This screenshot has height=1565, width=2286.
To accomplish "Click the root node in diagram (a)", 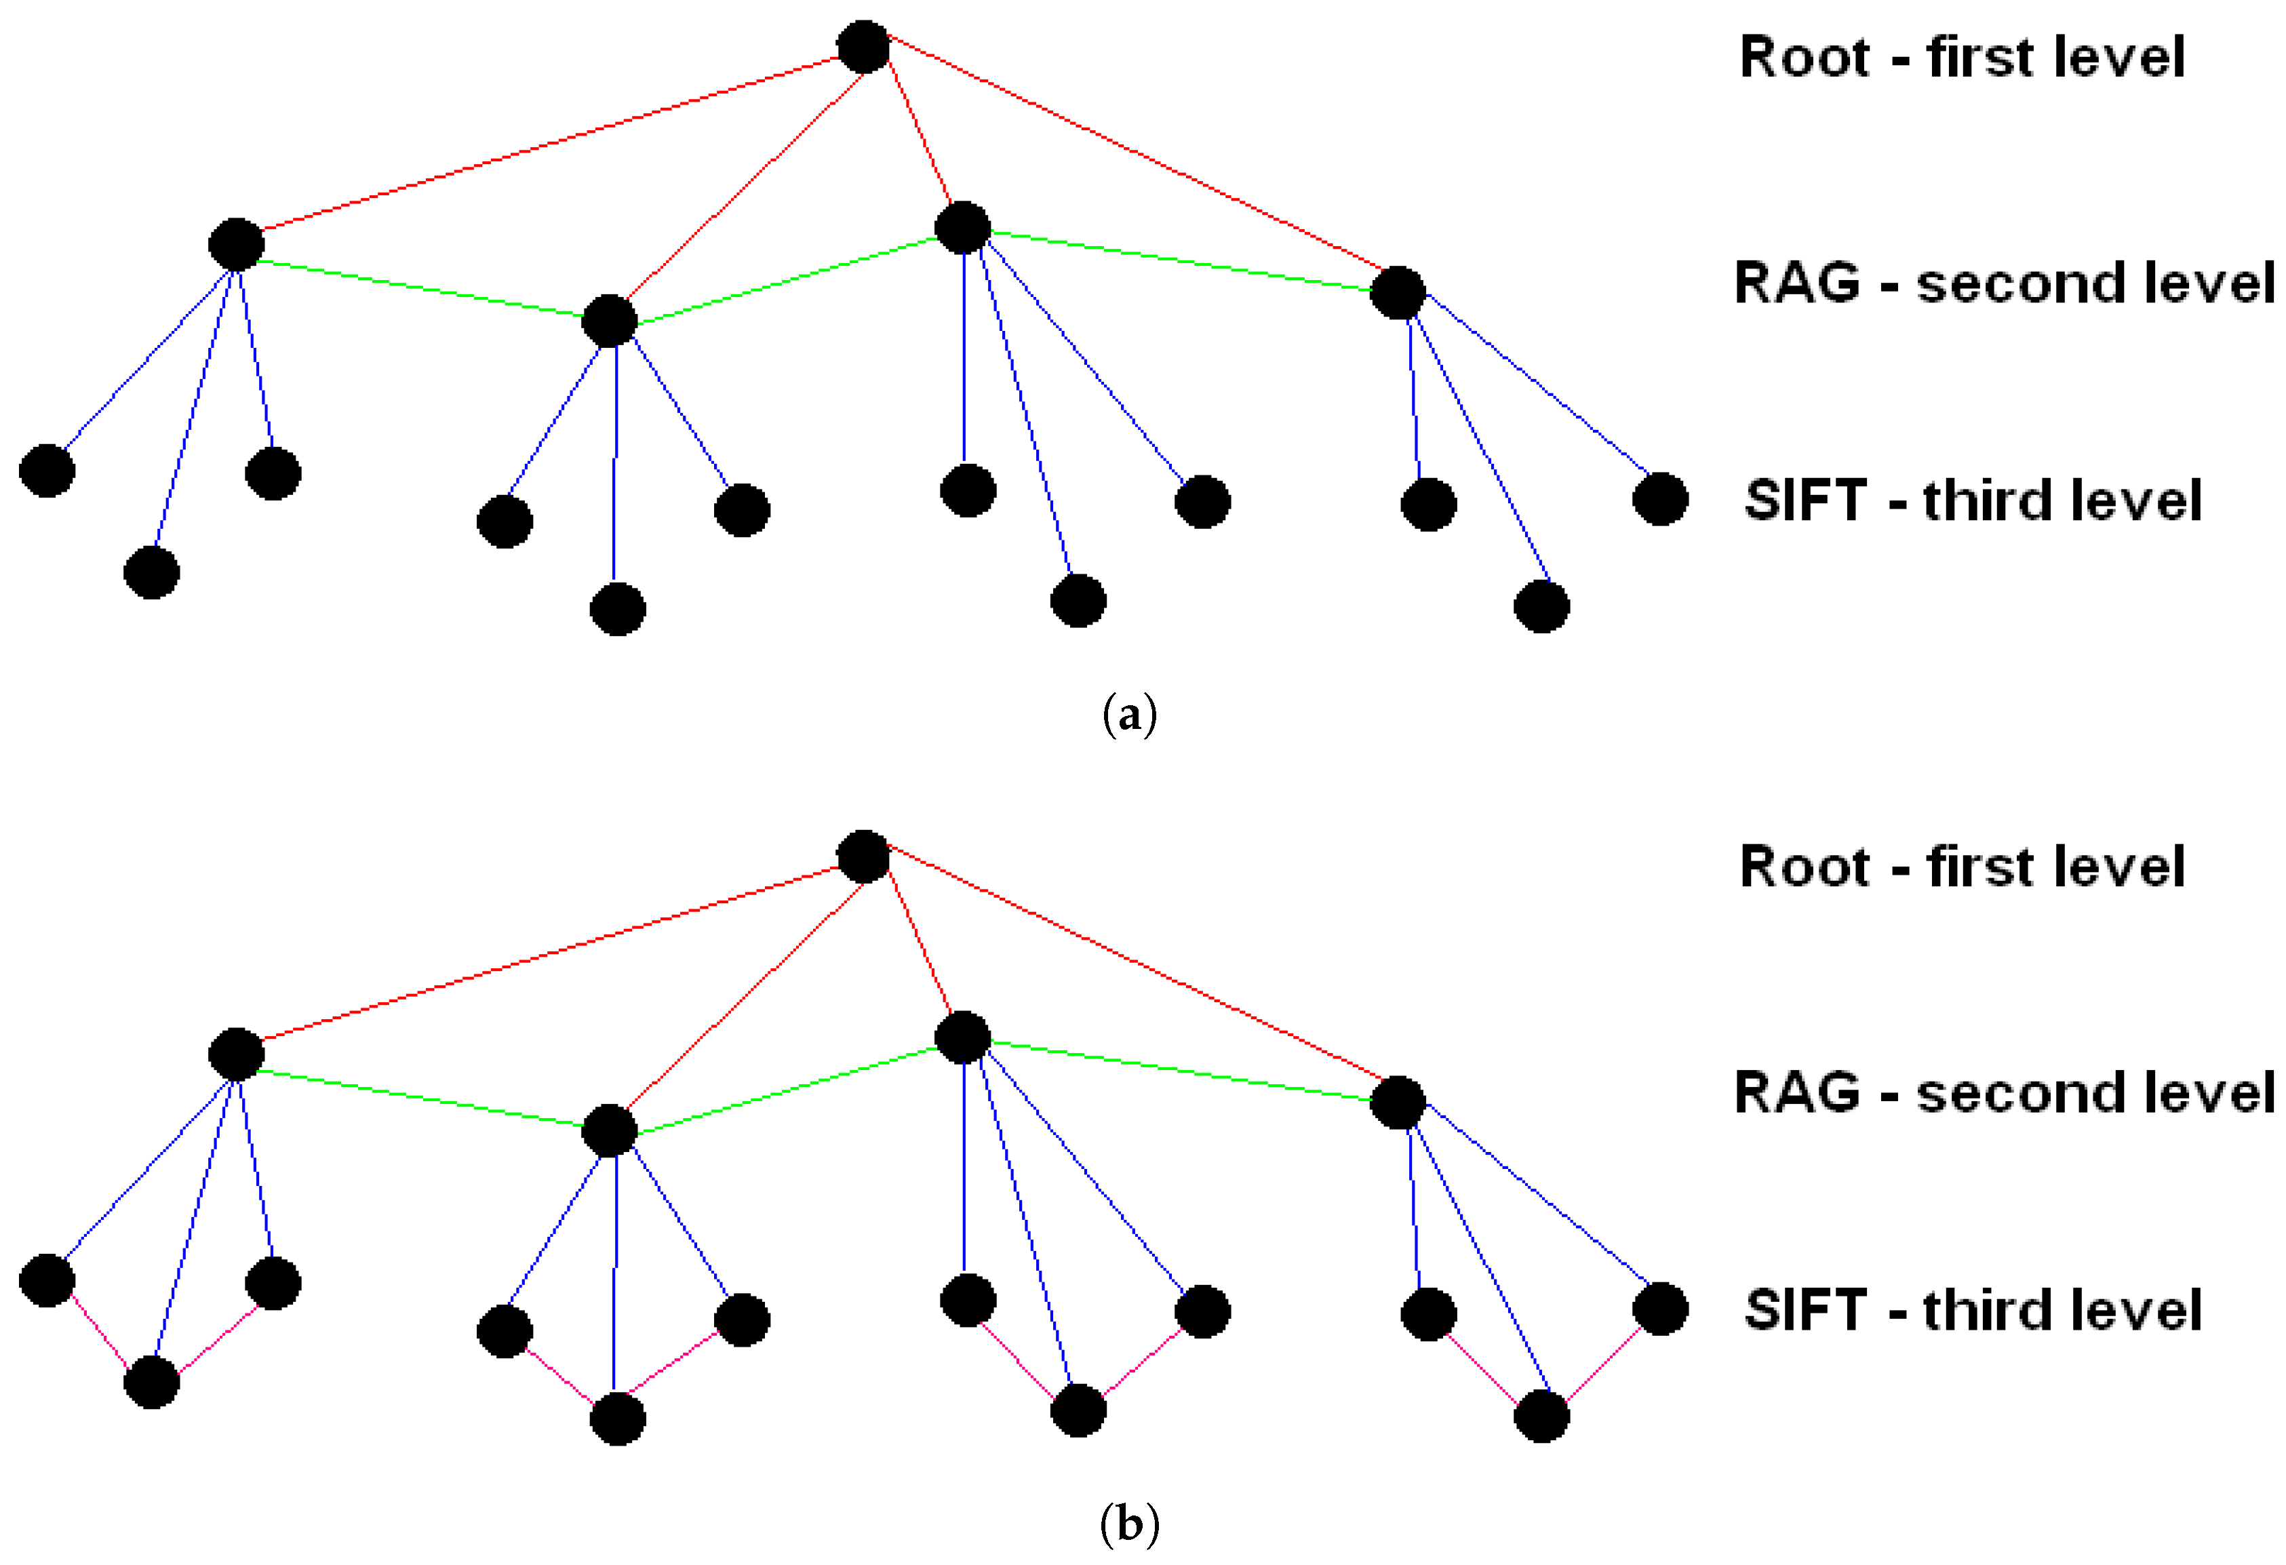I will click(863, 46).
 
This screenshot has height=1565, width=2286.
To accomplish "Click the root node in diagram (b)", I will click(863, 856).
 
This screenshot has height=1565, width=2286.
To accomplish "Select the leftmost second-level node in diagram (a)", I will click(236, 244).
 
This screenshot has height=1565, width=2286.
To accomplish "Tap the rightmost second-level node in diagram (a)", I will click(1397, 292).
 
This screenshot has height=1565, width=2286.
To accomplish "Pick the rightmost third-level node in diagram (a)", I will click(1660, 498).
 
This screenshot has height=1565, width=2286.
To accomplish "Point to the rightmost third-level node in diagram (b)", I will click(1660, 1308).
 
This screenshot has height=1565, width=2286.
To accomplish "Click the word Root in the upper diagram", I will click(1804, 57).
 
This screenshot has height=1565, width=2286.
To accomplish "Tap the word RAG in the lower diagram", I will click(1796, 1093).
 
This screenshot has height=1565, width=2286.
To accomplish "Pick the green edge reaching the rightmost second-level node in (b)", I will click(1181, 1069).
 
